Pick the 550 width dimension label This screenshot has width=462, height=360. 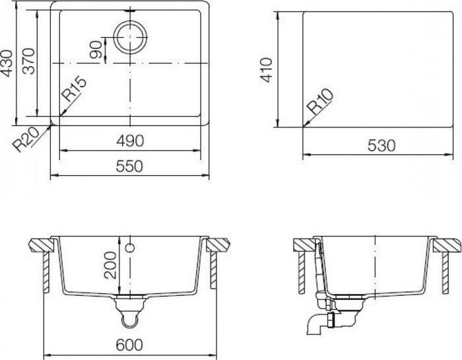129,167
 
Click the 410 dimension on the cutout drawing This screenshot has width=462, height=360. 267,69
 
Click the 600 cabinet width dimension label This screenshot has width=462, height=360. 130,345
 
